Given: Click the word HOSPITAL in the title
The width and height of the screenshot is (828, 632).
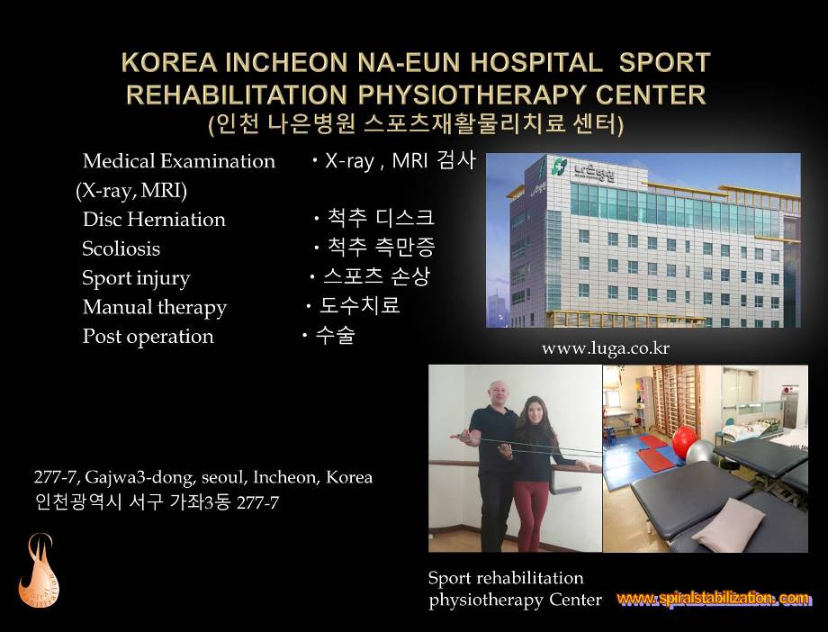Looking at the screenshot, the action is pos(536,62).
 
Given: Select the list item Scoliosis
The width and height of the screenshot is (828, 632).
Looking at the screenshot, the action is pos(121,248).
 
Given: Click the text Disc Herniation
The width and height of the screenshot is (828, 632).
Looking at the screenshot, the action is pos(154,219).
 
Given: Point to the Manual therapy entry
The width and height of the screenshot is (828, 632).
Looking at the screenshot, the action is pos(155,307).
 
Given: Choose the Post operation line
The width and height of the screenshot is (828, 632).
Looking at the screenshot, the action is pos(148,337).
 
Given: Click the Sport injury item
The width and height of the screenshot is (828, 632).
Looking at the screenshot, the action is pos(136,278).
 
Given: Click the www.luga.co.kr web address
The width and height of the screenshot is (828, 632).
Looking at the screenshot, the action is pos(606,348).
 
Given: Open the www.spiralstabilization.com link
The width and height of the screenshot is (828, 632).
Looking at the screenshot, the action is pos(713,599).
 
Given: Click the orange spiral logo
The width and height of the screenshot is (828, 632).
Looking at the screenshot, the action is pos(39,571).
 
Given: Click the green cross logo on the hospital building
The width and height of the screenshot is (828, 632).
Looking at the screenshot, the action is pos(559,166).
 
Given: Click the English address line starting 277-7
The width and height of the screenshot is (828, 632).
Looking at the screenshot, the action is pos(203,477).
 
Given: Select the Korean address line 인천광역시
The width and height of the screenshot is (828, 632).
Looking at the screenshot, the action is pos(157,501).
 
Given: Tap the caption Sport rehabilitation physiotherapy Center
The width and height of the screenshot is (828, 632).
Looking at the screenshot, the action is pos(515,589).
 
